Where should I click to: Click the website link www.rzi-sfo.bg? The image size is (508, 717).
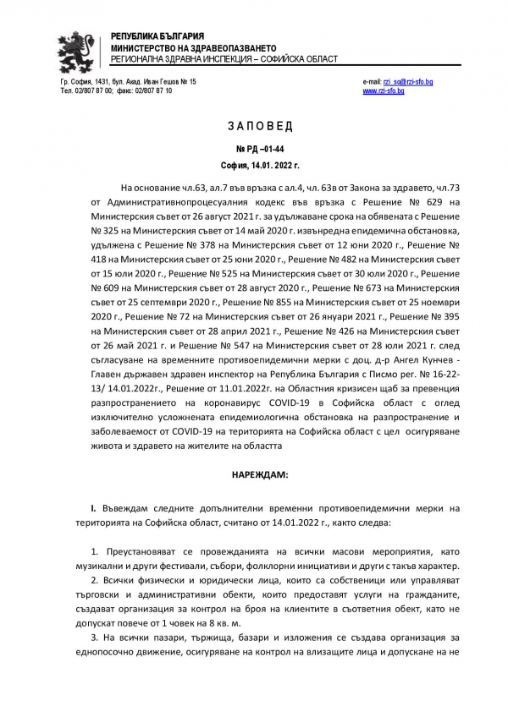(x=384, y=90)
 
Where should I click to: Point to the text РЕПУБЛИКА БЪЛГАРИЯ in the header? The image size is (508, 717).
(x=157, y=36)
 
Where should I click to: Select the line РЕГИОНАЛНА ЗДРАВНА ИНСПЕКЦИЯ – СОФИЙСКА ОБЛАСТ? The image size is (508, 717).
(x=224, y=59)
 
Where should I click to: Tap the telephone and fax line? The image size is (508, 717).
(x=116, y=90)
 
